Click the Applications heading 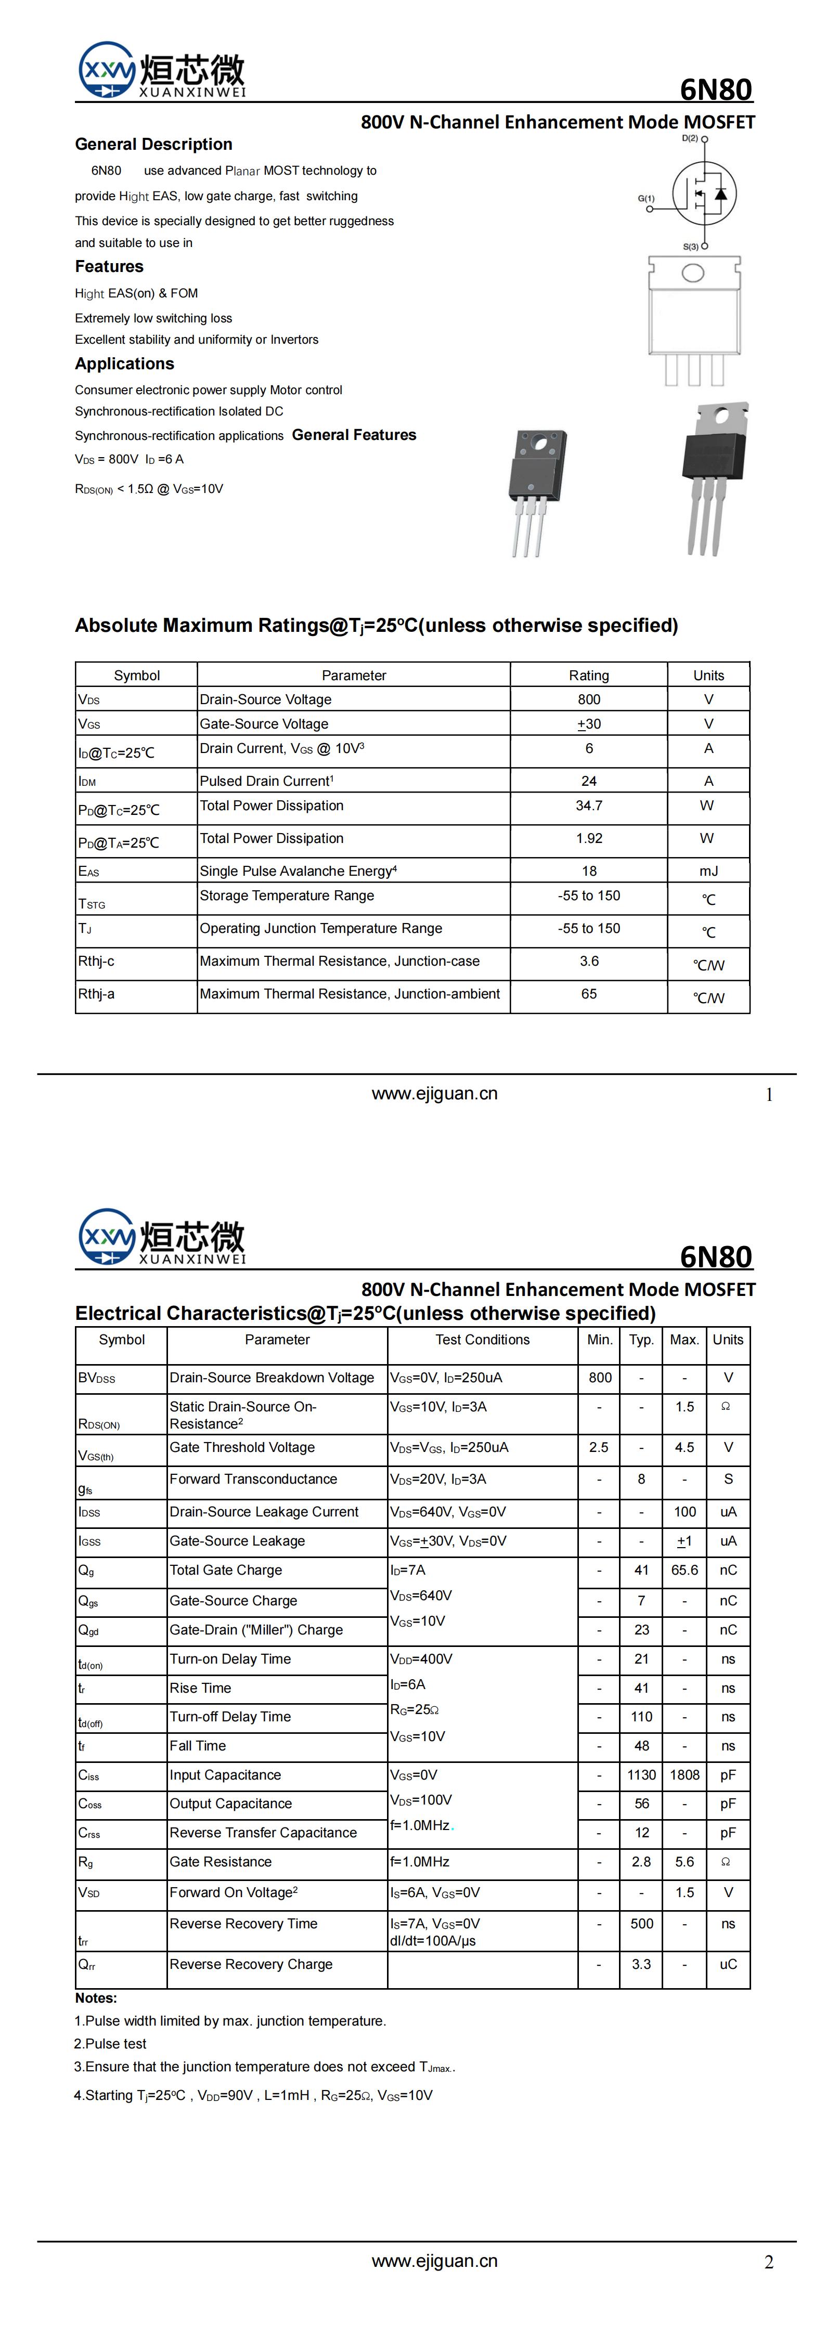tap(124, 364)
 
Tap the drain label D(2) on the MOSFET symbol tap(690, 139)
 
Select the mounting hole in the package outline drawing tap(693, 273)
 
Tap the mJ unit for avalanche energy tap(708, 871)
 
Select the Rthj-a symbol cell tap(96, 994)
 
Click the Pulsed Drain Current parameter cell tap(266, 781)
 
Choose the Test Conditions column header tap(482, 1340)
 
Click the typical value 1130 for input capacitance tap(641, 1775)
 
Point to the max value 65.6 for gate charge tap(685, 1570)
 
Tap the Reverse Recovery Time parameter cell tap(244, 1924)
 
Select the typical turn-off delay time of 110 tap(641, 1717)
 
